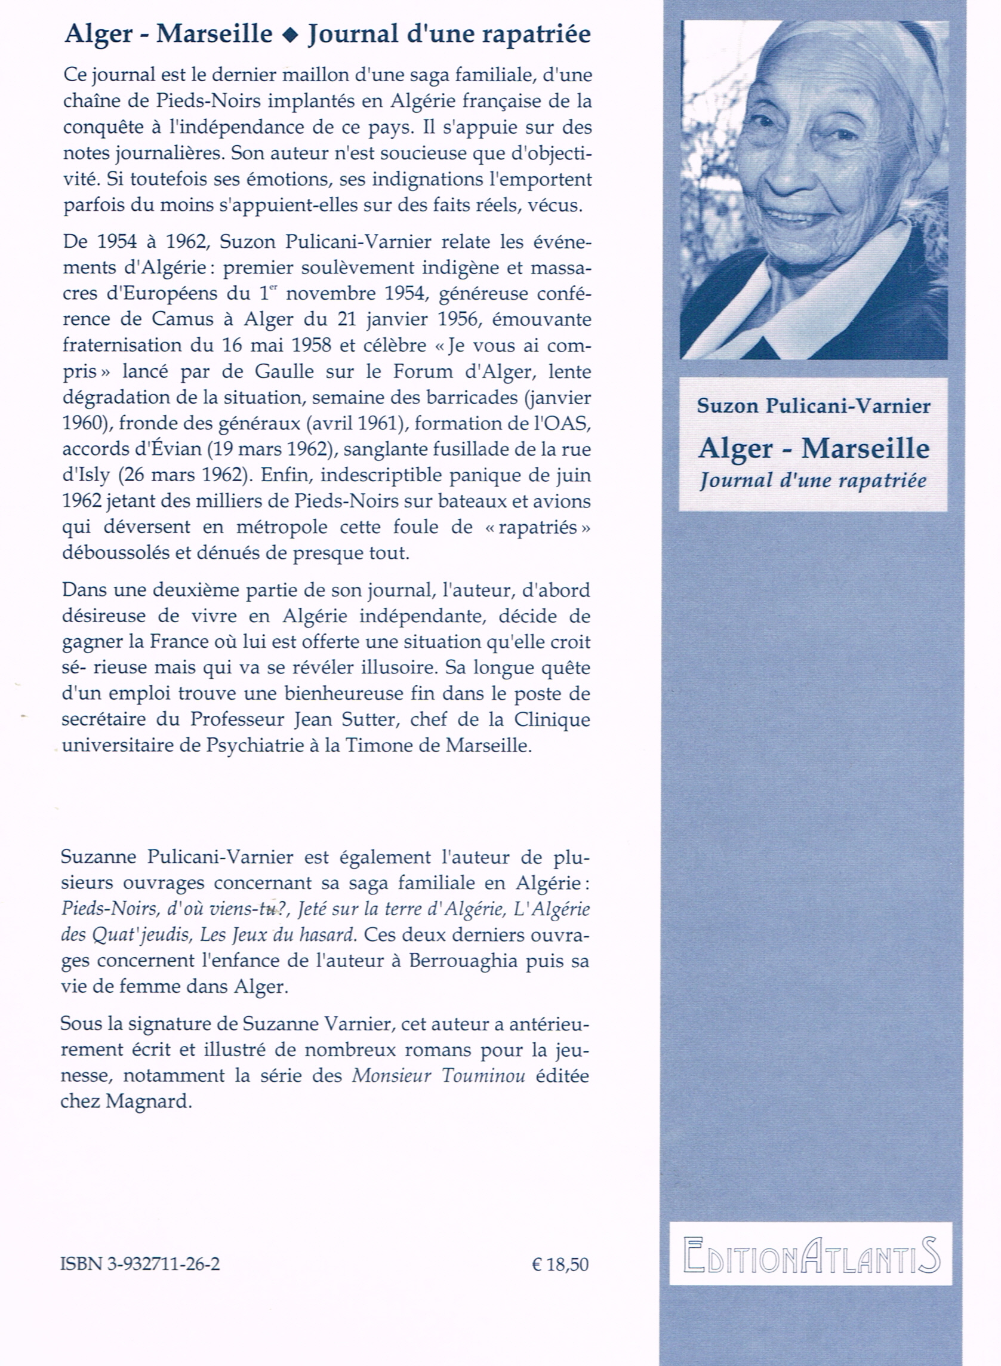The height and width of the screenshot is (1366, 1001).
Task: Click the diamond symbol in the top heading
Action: [290, 35]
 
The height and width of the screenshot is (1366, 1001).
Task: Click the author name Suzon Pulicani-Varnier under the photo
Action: [813, 405]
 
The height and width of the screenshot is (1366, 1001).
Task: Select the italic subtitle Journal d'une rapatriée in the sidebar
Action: [812, 481]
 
